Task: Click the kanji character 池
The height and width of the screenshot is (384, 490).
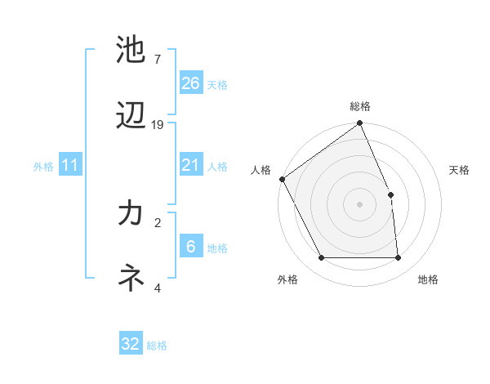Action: click(x=131, y=48)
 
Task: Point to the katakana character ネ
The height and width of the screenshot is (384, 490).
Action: click(x=131, y=278)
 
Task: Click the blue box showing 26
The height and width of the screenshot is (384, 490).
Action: click(x=191, y=83)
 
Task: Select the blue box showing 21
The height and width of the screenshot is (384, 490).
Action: click(x=191, y=165)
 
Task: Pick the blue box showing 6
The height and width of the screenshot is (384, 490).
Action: click(x=191, y=247)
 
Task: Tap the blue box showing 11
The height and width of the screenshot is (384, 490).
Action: click(x=70, y=165)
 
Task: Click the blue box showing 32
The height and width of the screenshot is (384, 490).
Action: click(x=131, y=344)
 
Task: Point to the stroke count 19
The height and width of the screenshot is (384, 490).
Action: click(x=158, y=125)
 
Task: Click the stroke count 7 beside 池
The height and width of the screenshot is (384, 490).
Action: click(x=158, y=60)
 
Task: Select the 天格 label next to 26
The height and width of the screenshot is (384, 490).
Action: click(x=217, y=84)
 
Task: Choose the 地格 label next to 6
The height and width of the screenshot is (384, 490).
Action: click(x=217, y=248)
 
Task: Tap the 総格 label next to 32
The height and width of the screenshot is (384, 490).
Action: click(x=157, y=345)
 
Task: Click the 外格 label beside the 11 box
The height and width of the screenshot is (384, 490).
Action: click(x=43, y=166)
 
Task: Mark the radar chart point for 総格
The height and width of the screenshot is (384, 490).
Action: click(x=359, y=123)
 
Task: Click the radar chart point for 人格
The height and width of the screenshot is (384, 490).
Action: click(x=282, y=179)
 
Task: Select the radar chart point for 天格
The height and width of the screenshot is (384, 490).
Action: click(x=390, y=194)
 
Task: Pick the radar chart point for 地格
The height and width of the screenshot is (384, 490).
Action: click(x=399, y=258)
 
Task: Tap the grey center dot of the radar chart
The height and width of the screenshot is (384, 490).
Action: click(x=359, y=204)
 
